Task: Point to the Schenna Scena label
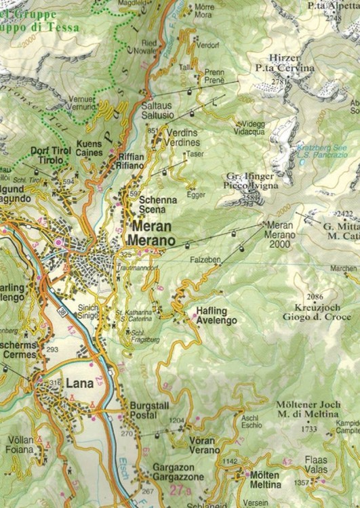pyautogui.click(x=157, y=205)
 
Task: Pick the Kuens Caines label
pyautogui.click(x=89, y=149)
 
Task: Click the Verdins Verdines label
pyautogui.click(x=182, y=138)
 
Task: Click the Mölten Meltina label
pyautogui.click(x=264, y=480)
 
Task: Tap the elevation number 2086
pyautogui.click(x=314, y=297)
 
